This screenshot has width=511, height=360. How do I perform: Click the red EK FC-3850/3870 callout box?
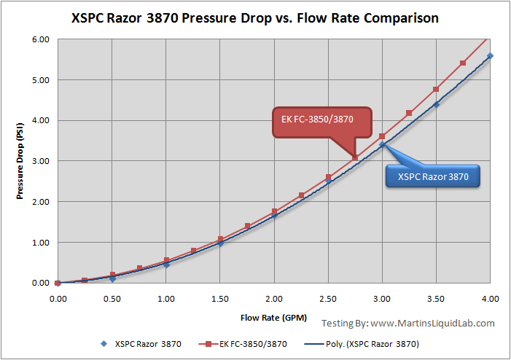(321, 121)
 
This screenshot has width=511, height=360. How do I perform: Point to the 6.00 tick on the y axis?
(39, 39)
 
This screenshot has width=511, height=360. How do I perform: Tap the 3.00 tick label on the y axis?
(39, 161)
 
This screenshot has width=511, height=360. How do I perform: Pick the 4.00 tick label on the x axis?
(491, 299)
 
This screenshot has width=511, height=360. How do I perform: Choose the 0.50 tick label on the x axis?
(112, 299)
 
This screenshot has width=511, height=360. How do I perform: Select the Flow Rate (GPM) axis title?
(273, 318)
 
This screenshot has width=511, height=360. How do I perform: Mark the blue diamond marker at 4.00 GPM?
(491, 56)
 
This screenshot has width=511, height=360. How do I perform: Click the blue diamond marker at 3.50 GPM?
(437, 104)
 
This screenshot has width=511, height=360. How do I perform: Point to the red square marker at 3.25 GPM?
(409, 113)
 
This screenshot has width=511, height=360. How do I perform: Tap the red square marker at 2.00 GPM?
(274, 211)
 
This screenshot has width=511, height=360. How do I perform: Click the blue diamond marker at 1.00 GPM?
(166, 265)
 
